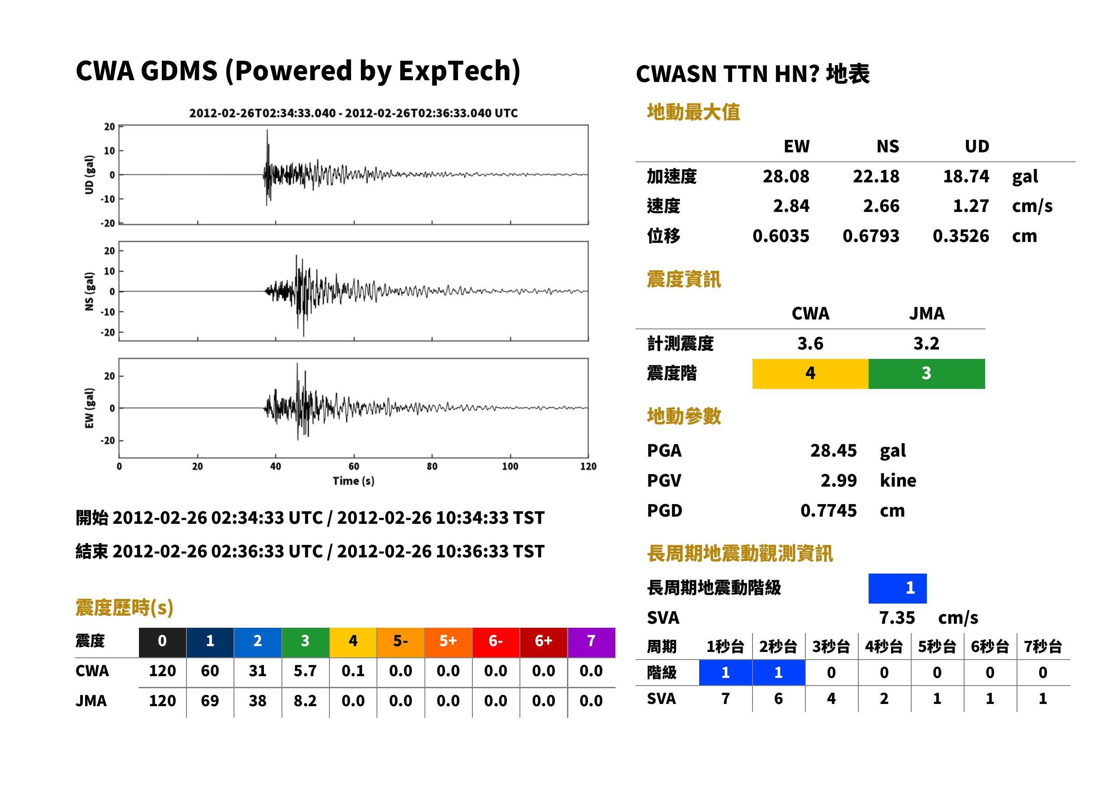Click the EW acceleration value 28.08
(x=785, y=177)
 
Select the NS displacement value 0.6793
(x=870, y=236)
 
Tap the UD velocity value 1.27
(x=971, y=206)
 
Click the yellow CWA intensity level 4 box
(x=810, y=374)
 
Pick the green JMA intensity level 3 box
(x=927, y=374)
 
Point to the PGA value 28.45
(x=833, y=450)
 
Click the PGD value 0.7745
(x=828, y=510)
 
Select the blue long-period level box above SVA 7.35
(x=897, y=588)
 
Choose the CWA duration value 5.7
(x=305, y=671)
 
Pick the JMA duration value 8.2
(x=305, y=701)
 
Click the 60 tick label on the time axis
(x=354, y=466)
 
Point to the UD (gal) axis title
(x=89, y=175)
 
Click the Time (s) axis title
(x=354, y=481)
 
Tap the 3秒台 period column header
(x=831, y=647)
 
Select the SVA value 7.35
(x=897, y=618)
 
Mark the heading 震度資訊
(x=684, y=280)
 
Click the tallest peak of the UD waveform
(x=267, y=130)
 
